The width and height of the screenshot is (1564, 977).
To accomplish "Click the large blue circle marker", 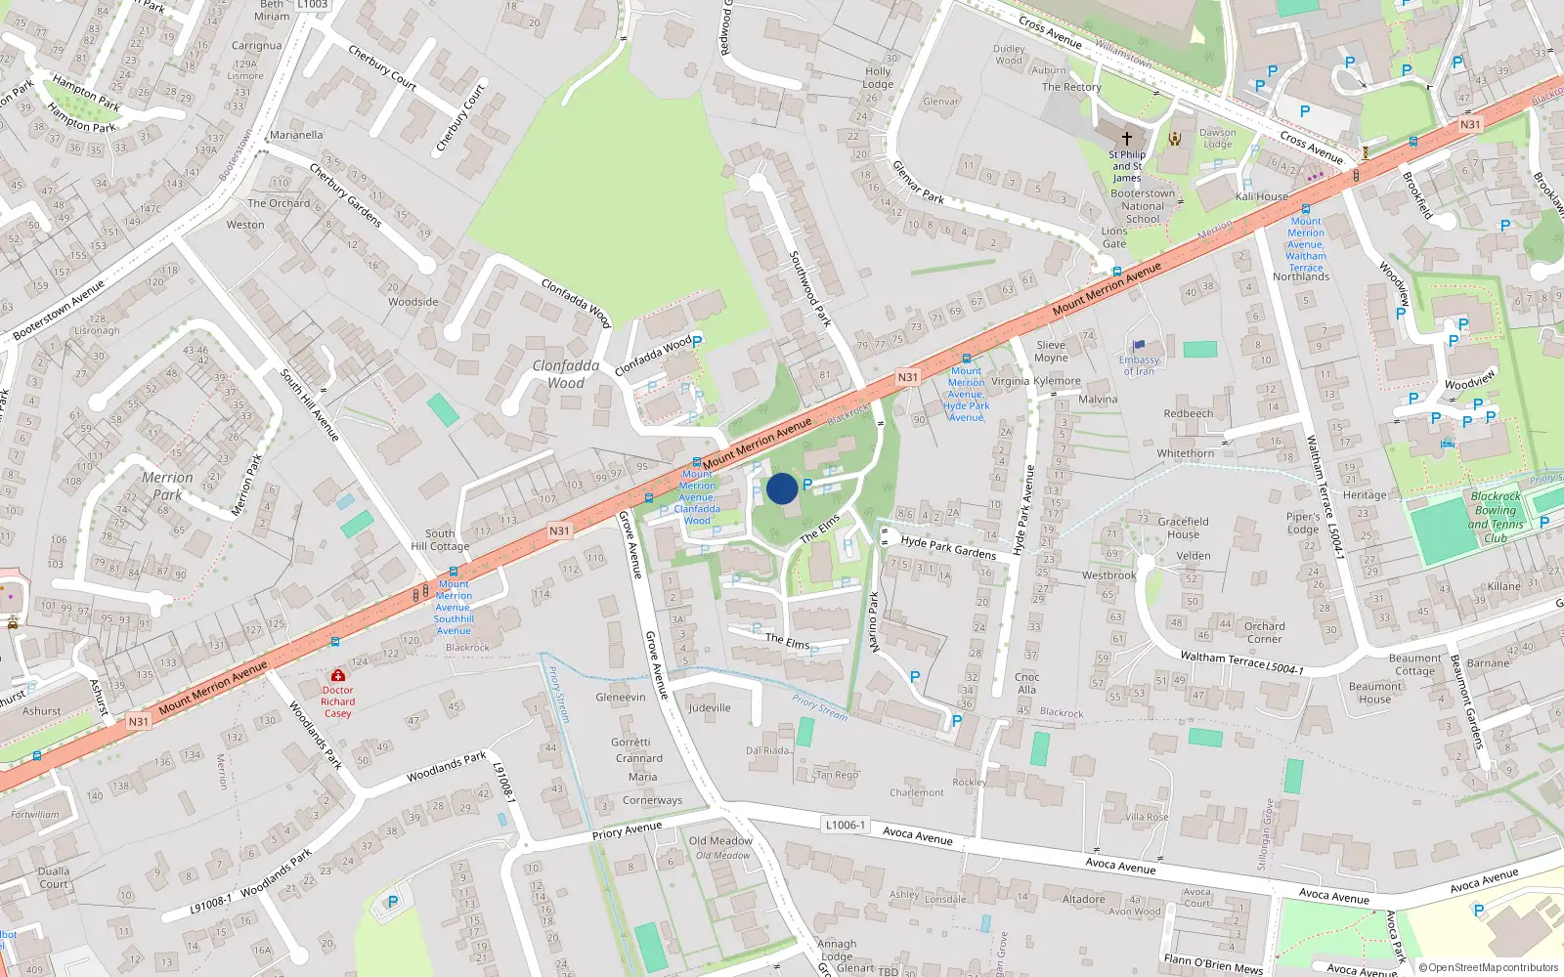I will [782, 488].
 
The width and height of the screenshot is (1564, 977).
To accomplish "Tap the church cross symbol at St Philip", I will [1126, 139].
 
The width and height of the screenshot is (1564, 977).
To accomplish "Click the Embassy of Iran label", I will [1139, 365].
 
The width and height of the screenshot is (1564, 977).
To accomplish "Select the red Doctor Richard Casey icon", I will [337, 675].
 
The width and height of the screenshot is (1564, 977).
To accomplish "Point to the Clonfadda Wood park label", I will [565, 374].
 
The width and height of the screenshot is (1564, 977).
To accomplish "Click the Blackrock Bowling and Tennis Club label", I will [1496, 517].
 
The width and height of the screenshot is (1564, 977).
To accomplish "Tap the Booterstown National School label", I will [1143, 206].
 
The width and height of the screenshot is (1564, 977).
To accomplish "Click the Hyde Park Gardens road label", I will [947, 546].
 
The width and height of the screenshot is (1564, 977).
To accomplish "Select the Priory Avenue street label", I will [627, 830].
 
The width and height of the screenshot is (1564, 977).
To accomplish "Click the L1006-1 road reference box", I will [846, 825].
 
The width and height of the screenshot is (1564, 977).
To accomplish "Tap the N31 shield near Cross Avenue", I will [1470, 125].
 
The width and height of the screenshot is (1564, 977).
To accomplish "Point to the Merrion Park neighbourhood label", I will [167, 486].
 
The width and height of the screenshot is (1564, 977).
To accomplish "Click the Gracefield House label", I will [1183, 528].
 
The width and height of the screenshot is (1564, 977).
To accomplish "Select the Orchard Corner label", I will [1264, 632].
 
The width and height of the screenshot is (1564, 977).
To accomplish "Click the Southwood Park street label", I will [809, 288].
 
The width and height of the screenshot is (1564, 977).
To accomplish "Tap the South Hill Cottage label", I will [440, 540].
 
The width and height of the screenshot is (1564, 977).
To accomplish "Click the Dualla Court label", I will [54, 877].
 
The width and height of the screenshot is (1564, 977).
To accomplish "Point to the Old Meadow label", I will [720, 840].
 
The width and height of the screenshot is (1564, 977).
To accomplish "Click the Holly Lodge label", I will [878, 77].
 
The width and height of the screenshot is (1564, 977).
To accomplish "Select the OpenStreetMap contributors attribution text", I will [1488, 967].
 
